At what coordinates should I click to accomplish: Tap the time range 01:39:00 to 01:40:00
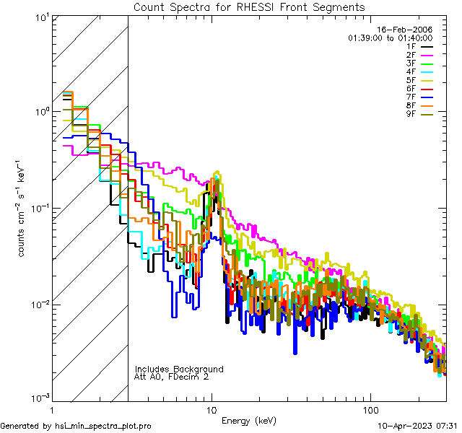click(390, 37)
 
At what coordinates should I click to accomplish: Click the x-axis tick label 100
click(370, 409)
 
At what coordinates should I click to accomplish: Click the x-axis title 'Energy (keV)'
click(248, 420)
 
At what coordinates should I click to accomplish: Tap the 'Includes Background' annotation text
click(179, 369)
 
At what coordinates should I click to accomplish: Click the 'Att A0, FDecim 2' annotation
click(172, 377)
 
